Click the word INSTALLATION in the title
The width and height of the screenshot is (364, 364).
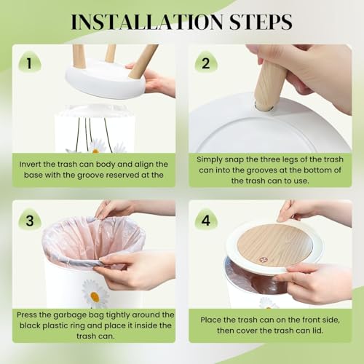tap(148, 22)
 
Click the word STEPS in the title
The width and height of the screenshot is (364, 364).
tap(261, 22)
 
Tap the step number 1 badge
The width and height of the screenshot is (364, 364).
tap(30, 63)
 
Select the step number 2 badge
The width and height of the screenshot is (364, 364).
tap(206, 63)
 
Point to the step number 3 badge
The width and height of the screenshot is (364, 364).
tap(30, 221)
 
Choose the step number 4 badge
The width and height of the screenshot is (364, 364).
tap(206, 221)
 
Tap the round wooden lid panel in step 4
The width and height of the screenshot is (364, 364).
tap(274, 245)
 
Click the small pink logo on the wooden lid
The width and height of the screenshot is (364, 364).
tap(263, 260)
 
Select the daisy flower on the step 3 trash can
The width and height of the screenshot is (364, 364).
tap(95, 293)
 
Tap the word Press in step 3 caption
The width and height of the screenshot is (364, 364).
tap(27, 314)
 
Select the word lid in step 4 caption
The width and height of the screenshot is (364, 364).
tap(317, 331)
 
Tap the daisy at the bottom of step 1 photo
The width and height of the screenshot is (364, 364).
tap(97, 146)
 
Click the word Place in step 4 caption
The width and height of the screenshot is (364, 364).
tap(210, 320)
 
